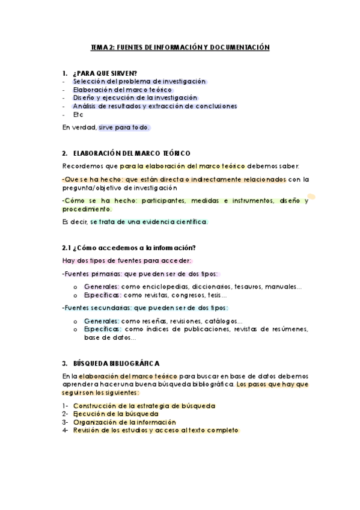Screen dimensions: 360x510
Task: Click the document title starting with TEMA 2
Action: click(x=180, y=48)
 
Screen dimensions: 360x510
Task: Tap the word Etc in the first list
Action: click(x=78, y=114)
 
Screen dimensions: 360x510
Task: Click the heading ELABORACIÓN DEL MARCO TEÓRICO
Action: click(x=130, y=153)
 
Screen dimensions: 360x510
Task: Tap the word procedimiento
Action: click(x=87, y=209)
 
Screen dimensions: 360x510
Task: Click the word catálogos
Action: click(x=222, y=321)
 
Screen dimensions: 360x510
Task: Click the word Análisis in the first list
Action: click(x=86, y=106)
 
